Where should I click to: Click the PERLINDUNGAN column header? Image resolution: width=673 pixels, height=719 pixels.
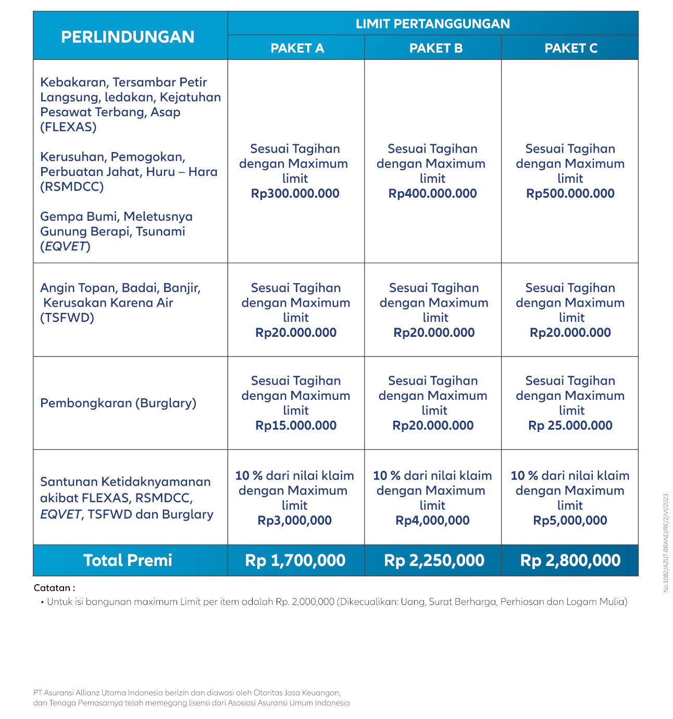point(128,37)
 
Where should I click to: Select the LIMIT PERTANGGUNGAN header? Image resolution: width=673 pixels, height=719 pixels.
point(432,24)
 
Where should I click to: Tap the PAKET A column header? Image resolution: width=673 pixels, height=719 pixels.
point(297,48)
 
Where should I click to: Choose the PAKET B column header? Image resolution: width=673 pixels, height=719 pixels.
point(435,48)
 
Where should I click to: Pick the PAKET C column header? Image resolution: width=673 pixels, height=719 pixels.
point(571,48)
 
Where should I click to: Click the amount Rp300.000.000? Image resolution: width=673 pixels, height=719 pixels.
point(295,194)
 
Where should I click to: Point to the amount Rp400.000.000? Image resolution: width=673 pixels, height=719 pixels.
point(432,194)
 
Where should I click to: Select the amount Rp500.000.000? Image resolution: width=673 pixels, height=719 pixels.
point(570,194)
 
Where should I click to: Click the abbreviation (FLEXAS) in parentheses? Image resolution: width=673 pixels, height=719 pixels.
point(68,127)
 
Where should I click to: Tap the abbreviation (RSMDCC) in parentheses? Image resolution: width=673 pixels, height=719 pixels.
point(72,187)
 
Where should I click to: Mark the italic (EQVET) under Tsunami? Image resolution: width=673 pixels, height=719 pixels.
point(65,246)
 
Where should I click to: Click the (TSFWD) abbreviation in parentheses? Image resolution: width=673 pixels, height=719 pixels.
point(67,318)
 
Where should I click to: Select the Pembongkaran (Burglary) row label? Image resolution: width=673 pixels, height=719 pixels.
point(118,403)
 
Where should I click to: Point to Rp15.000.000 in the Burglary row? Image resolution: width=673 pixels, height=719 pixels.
point(296,426)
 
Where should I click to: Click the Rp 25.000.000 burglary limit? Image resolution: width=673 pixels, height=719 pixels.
point(570,426)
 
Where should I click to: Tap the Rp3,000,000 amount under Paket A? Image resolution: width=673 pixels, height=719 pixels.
point(295,521)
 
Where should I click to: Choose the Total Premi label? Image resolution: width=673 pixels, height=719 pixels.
point(128,561)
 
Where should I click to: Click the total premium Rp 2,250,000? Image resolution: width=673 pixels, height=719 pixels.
point(434,561)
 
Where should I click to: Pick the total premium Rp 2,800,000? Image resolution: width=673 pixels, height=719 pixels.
point(570,561)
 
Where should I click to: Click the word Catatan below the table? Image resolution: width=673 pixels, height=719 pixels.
point(52,588)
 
